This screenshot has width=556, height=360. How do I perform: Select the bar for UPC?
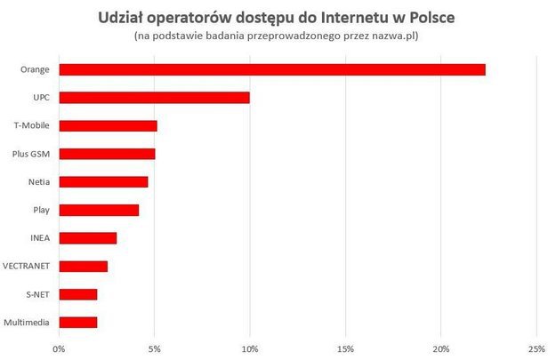coord(155,98)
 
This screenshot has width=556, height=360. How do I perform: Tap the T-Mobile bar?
coord(109,125)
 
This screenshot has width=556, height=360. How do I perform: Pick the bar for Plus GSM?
coord(108,154)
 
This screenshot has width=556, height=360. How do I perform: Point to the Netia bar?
coord(104,182)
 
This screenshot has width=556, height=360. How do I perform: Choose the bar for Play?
coord(100,210)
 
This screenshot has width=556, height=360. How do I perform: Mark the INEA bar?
coord(88,238)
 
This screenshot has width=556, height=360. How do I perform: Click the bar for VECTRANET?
coord(84,267)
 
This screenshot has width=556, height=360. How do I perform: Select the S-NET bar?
coord(78,294)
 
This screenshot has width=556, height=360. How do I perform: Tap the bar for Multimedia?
coord(78,323)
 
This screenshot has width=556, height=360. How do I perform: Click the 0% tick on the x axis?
coord(60,347)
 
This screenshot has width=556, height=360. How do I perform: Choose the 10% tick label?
coord(250,347)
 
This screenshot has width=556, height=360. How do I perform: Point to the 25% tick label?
coord(536,347)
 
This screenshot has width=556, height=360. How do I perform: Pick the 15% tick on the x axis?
coord(345,347)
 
